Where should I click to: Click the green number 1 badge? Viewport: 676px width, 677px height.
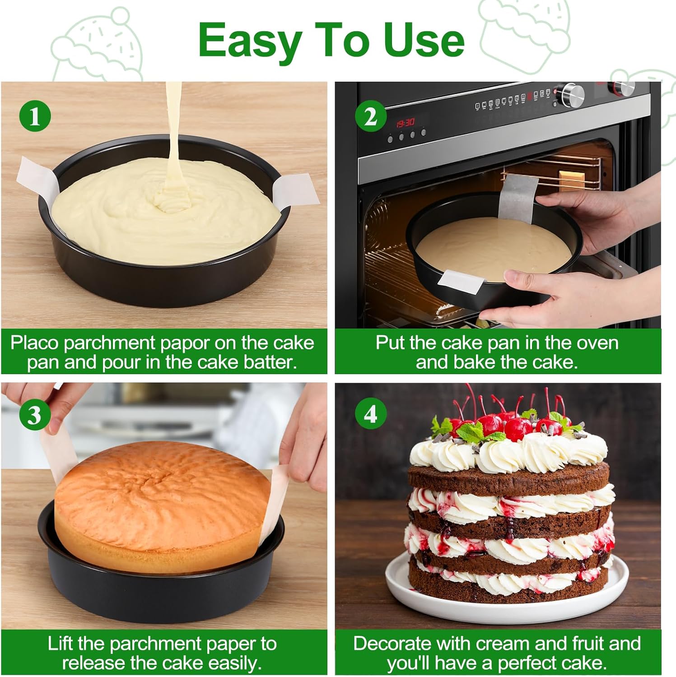tap(35, 117)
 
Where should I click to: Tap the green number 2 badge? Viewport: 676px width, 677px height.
tap(370, 117)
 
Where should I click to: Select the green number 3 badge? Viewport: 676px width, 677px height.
tap(35, 415)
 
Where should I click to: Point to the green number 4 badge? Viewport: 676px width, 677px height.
tap(370, 414)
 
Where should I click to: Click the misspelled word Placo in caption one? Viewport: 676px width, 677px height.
tap(34, 343)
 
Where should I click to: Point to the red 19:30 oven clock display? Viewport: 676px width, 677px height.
tap(405, 123)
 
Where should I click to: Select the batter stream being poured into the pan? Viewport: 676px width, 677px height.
tap(173, 135)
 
